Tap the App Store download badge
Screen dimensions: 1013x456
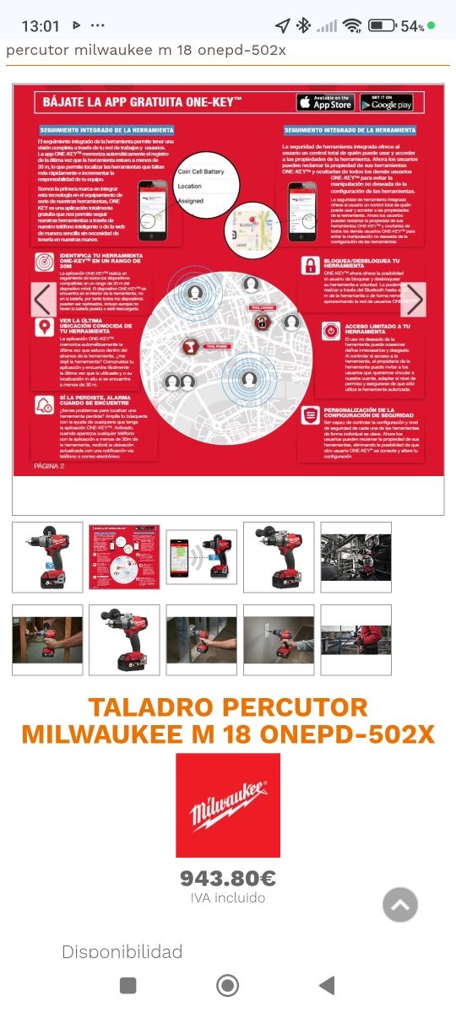tap(325, 103)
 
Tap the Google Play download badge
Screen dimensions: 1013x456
tap(386, 103)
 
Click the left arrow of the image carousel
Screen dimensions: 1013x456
tap(44, 300)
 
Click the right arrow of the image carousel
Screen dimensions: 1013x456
tap(413, 300)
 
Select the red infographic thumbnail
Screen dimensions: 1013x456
tap(124, 557)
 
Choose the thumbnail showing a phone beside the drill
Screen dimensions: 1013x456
tap(201, 557)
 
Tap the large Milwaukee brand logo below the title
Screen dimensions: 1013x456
tap(228, 805)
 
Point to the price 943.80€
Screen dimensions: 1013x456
tap(228, 879)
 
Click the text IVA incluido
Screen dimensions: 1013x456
tap(228, 898)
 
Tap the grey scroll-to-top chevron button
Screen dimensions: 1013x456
tap(400, 905)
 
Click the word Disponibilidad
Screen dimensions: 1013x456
tap(122, 952)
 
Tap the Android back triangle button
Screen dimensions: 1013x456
tap(327, 985)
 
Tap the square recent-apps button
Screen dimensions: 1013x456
tap(128, 985)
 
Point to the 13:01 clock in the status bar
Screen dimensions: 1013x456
tap(41, 26)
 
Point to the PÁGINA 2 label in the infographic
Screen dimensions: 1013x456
tap(49, 465)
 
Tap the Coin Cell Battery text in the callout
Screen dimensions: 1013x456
tap(201, 171)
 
